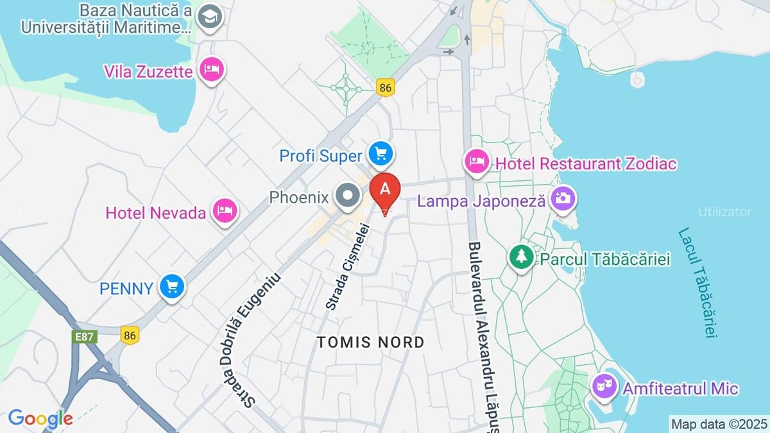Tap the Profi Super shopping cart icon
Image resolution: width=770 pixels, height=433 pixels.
point(381,153)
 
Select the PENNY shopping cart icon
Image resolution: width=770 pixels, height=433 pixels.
point(171,287)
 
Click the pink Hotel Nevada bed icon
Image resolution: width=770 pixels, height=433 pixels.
point(225,210)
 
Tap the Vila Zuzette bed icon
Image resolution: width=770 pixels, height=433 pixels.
point(211,69)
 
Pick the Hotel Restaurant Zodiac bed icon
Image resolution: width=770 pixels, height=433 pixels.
point(477,162)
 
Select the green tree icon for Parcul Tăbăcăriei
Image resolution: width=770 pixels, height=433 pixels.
point(522,257)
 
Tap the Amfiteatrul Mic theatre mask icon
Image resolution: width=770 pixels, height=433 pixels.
point(603,386)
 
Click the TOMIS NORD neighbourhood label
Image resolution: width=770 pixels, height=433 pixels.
point(370,342)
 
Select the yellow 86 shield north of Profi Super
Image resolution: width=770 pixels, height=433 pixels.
point(385,88)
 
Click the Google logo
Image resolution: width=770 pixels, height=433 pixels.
point(40,419)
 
